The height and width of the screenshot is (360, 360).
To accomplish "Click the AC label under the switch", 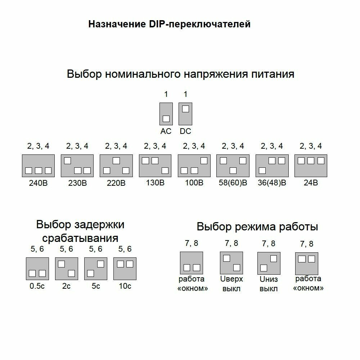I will coord(166,131).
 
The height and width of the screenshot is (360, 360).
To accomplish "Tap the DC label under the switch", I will coord(185,131).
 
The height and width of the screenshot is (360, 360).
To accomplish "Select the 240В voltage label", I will coord(38,183).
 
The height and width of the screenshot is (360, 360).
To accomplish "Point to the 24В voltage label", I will coord(311,183).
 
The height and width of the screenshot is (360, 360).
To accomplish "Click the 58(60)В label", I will coord(233,183).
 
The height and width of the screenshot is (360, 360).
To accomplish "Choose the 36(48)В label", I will coord(272,183).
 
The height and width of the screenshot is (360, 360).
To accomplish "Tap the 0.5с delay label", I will coord(37,286).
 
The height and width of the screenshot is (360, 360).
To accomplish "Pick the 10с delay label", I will coord(125,286).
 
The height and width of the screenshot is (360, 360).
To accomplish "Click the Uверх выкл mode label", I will coord(231,284).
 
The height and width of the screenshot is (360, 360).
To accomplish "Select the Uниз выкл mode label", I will coord(269,284).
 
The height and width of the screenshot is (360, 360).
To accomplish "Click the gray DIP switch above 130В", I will coord(155,166).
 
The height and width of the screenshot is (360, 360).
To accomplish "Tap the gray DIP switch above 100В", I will coord(194,166).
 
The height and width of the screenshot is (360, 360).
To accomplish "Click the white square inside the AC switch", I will coord(166,118).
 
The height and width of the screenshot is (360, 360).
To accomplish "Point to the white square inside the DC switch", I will coord(185,109).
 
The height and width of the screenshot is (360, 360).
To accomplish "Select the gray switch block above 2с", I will coord(67,269).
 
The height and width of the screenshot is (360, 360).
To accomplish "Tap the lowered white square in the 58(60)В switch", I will coord(233,170).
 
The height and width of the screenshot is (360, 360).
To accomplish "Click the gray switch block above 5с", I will coord(96,269).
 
